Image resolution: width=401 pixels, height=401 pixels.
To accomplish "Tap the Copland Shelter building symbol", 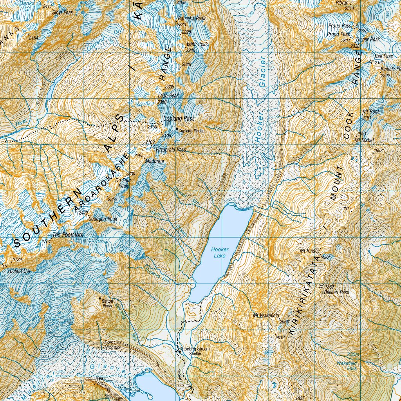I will tap(177, 129).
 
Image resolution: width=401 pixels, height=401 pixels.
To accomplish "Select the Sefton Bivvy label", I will tap(107, 303).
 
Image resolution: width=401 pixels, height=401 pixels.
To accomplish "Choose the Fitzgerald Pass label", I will tap(171, 150).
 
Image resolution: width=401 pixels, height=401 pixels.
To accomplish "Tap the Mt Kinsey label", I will tap(310, 251).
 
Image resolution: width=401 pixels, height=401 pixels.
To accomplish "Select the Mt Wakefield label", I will tap(266, 315).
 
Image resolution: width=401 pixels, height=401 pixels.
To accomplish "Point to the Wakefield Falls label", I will tap(347, 366).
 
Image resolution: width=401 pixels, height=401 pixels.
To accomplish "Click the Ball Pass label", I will tap(383, 56).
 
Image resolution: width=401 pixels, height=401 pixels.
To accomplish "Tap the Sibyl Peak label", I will tap(63, 13).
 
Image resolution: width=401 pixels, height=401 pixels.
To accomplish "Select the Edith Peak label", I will tap(197, 44).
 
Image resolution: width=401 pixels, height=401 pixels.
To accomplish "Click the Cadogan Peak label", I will tap(103, 219).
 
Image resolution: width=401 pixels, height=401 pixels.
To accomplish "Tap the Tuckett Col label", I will tap(19, 271).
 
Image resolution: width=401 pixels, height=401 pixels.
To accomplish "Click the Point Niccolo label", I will tap(112, 345).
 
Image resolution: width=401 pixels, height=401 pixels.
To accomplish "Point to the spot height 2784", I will tap(46, 241).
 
